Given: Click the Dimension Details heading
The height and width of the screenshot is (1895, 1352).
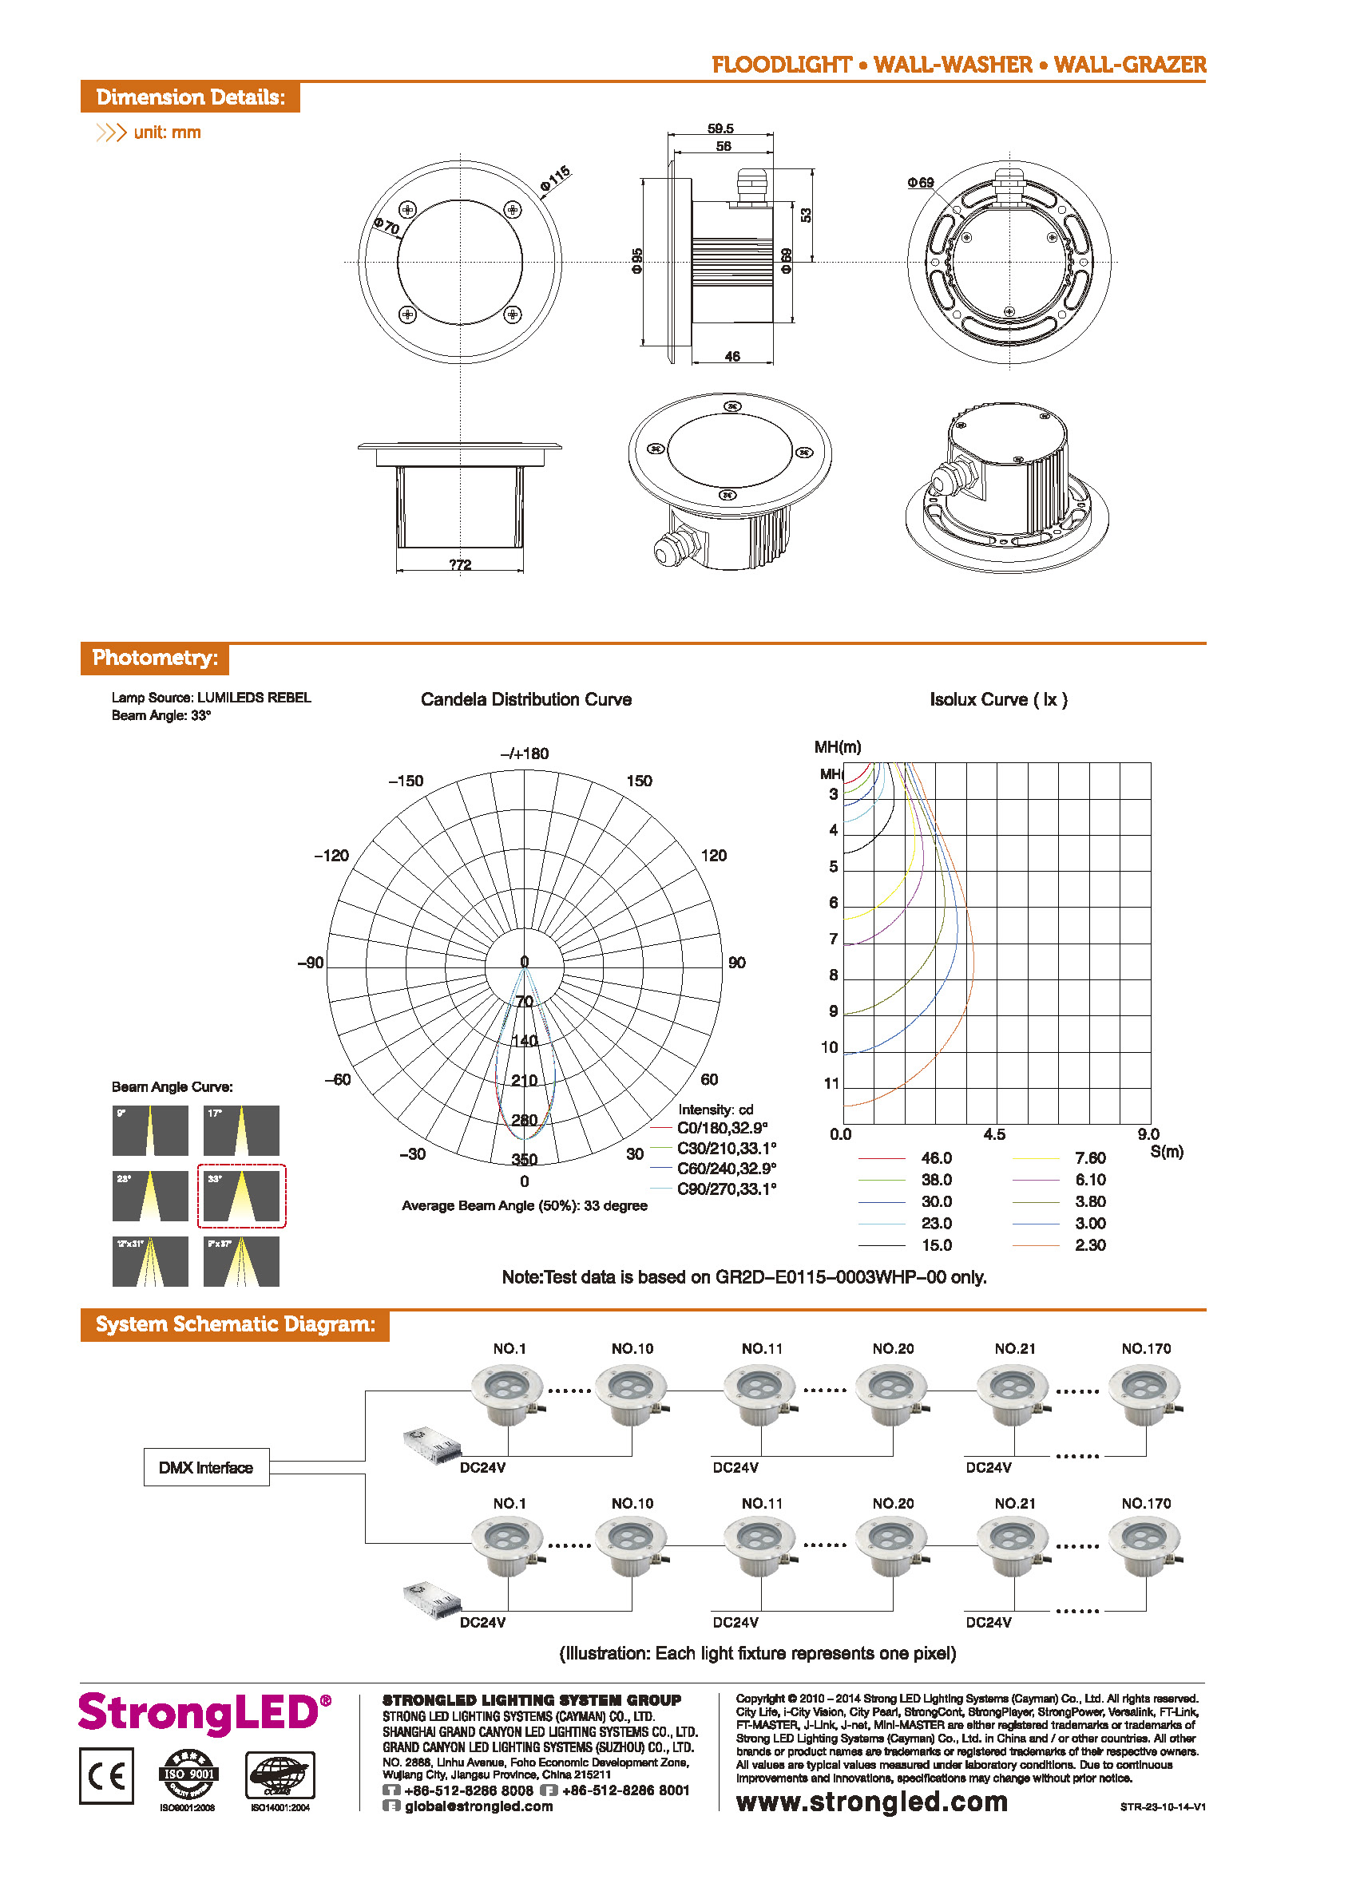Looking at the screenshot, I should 190,97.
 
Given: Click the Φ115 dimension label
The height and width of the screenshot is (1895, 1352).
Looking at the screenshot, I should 555,177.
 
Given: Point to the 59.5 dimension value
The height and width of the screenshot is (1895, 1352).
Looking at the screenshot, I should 720,129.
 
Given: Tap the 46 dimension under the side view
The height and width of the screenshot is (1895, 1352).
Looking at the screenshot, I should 732,356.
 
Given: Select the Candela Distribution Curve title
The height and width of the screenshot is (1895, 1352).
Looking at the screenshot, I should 525,699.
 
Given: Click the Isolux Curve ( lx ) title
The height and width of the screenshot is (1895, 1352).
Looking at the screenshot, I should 997,699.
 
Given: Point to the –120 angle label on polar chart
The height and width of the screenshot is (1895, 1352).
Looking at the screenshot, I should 331,856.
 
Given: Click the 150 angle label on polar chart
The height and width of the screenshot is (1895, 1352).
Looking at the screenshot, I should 639,781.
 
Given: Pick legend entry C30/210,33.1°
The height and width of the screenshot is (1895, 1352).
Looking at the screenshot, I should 725,1149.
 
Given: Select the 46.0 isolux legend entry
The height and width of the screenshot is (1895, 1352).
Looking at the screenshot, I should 936,1157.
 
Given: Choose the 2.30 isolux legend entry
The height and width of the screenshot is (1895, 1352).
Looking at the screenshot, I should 1090,1245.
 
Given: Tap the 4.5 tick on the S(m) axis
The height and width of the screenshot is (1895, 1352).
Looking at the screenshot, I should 994,1134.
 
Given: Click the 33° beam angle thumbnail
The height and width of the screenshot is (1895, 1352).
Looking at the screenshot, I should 241,1196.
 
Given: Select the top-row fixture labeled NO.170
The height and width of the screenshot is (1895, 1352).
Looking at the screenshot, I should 1144,1392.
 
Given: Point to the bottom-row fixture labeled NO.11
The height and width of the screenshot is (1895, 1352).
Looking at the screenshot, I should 760,1547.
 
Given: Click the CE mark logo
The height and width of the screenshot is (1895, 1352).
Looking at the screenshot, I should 106,1776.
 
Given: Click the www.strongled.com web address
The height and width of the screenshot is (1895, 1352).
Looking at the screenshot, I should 871,1802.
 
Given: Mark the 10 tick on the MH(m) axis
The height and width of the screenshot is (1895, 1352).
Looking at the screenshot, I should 829,1047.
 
